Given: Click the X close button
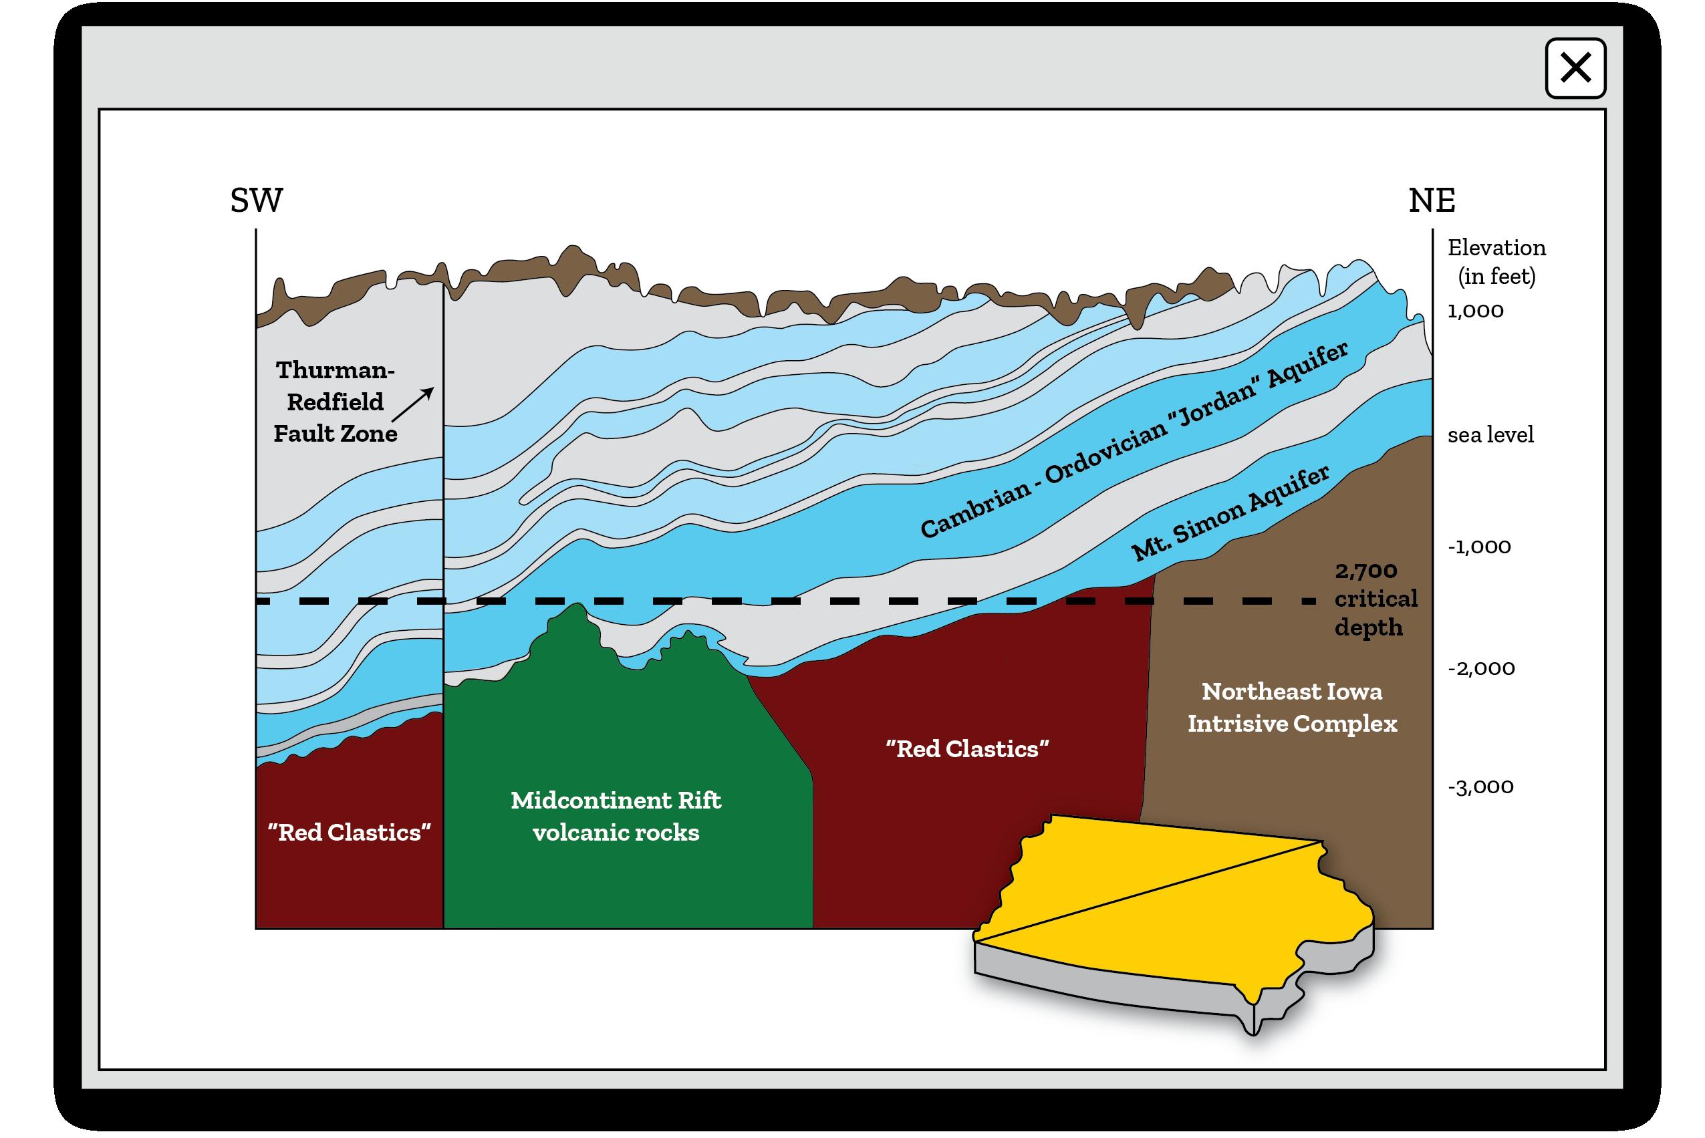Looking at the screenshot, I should point(1575,68).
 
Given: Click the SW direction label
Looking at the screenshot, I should point(256,200).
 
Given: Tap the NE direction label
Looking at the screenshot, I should point(1432,200).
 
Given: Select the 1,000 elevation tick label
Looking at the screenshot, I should point(1475,311).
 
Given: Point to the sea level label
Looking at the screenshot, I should point(1490,435).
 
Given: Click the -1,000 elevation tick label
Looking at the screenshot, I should point(1478,547).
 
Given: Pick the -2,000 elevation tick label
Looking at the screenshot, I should point(1480,668).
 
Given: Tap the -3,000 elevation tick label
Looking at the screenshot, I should point(1480,787).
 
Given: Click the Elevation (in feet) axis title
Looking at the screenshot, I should point(1496,261).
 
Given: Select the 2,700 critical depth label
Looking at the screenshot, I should point(1375,599).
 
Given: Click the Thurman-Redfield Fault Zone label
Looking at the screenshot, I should point(336,402).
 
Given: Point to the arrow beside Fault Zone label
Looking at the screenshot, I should point(413,404).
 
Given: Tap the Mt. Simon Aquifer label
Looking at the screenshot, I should point(1230,513).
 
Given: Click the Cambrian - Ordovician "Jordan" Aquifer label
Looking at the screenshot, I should point(1133,440).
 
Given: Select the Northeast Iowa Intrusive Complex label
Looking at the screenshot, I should point(1291,708).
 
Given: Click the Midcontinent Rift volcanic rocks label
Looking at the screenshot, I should point(616,816).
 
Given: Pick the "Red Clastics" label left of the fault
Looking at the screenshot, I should point(349,833).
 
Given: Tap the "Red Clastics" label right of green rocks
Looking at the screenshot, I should point(967,749).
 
